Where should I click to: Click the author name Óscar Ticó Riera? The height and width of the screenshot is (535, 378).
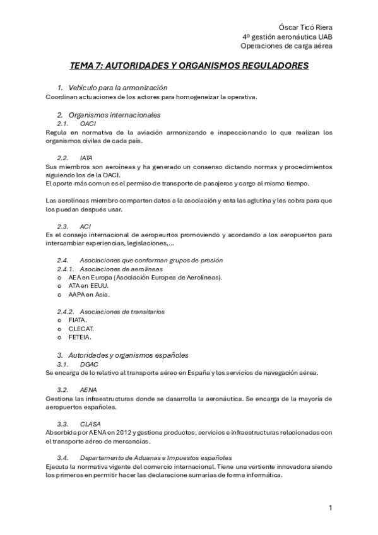(x=306, y=27)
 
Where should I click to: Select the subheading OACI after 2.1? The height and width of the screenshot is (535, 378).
(x=88, y=124)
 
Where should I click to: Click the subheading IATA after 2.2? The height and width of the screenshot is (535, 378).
(x=86, y=157)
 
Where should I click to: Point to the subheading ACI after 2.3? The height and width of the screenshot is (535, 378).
(x=85, y=225)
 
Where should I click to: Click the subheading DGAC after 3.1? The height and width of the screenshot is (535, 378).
(x=90, y=364)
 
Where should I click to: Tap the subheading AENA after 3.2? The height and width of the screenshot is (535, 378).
(x=89, y=389)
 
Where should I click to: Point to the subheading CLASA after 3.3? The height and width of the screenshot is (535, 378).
(x=91, y=423)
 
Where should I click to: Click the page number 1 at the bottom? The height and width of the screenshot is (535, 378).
(x=329, y=508)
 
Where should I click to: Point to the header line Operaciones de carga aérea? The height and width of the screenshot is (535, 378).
(x=286, y=45)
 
